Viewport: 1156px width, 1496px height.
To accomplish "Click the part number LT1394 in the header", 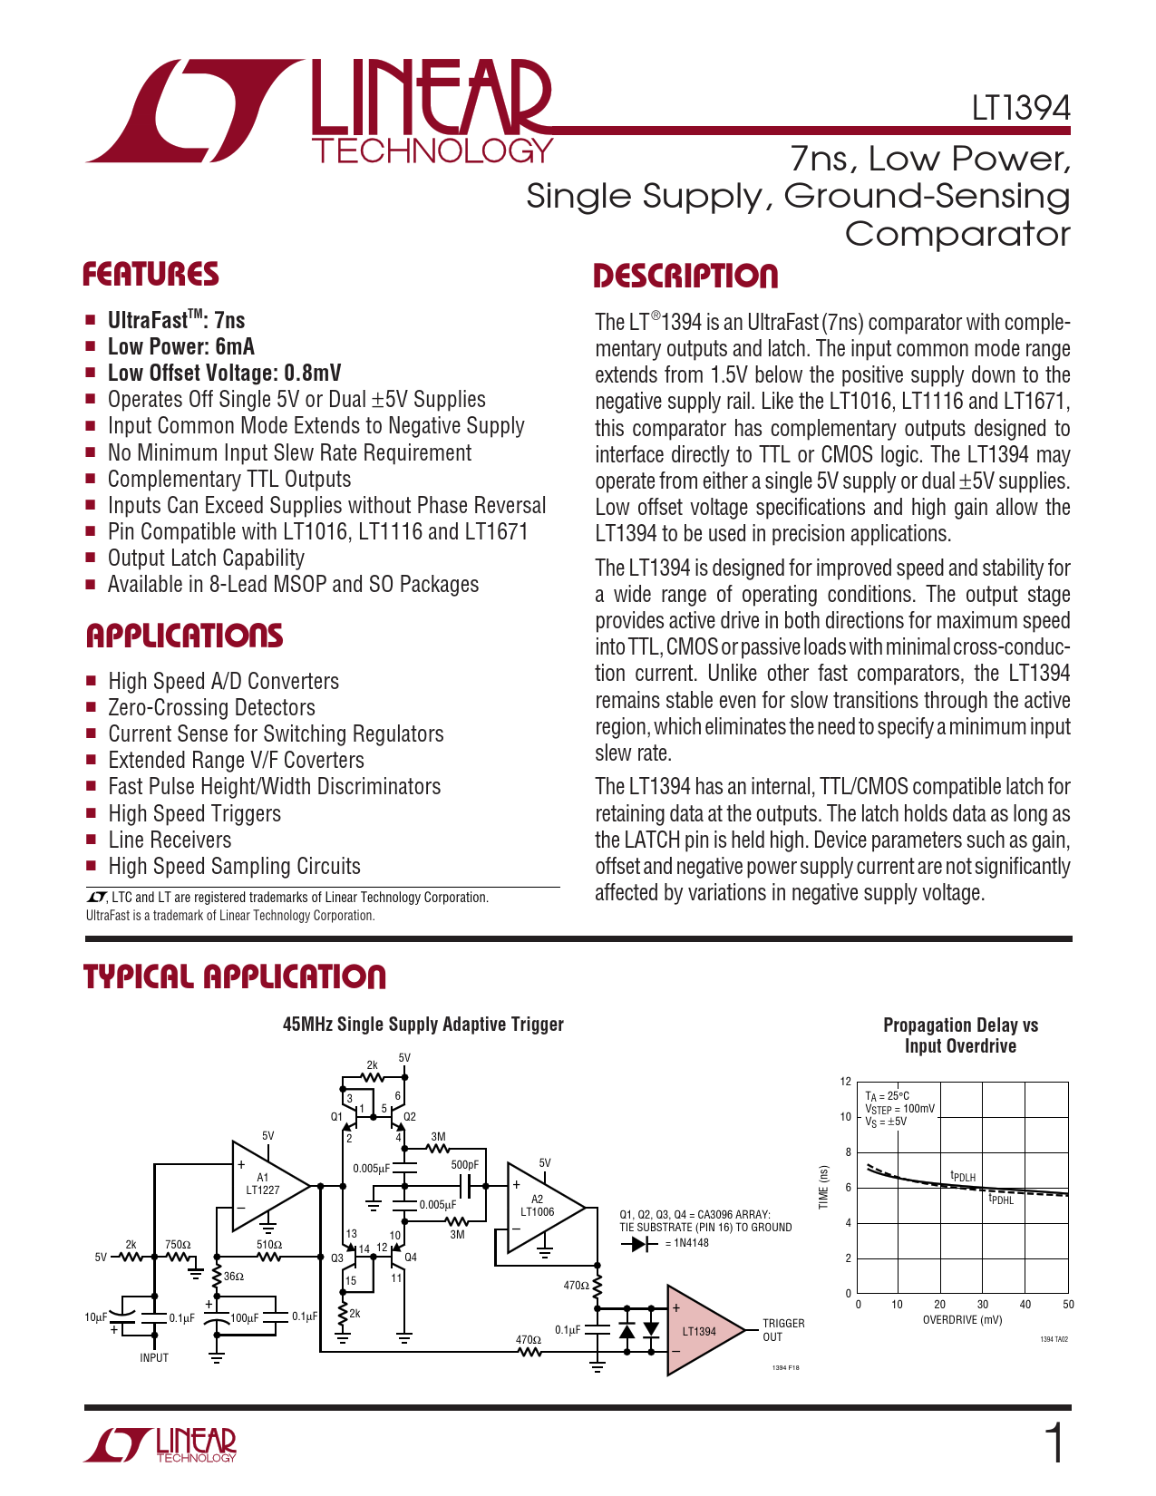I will [1021, 109].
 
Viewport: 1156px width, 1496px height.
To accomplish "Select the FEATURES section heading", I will [151, 275].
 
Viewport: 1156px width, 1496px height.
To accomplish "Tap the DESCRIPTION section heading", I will [685, 277].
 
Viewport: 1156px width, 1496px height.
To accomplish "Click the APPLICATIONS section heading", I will [184, 636].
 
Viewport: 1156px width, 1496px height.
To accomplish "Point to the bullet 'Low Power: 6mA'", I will [180, 346].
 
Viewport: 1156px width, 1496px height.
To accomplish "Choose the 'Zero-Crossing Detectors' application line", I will [211, 707].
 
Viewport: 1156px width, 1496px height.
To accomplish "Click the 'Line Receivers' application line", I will [170, 840].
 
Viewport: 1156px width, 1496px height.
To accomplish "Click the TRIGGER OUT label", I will [782, 1330].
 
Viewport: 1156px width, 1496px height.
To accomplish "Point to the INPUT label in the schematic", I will [154, 1357].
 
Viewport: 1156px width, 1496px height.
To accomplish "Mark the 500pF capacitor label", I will [464, 1165].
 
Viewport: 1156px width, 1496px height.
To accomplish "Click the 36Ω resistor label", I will [234, 1276].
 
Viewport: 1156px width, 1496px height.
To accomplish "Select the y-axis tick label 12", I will [846, 1082].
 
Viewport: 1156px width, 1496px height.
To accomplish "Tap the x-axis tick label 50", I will [1068, 1305].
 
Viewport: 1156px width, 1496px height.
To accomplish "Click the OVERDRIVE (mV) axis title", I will [962, 1320].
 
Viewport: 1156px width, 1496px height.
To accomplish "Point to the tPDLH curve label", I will [963, 1177].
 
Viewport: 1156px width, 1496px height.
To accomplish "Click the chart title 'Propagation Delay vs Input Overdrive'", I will [960, 1035].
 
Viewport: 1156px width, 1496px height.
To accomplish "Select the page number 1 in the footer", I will [1054, 1444].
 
